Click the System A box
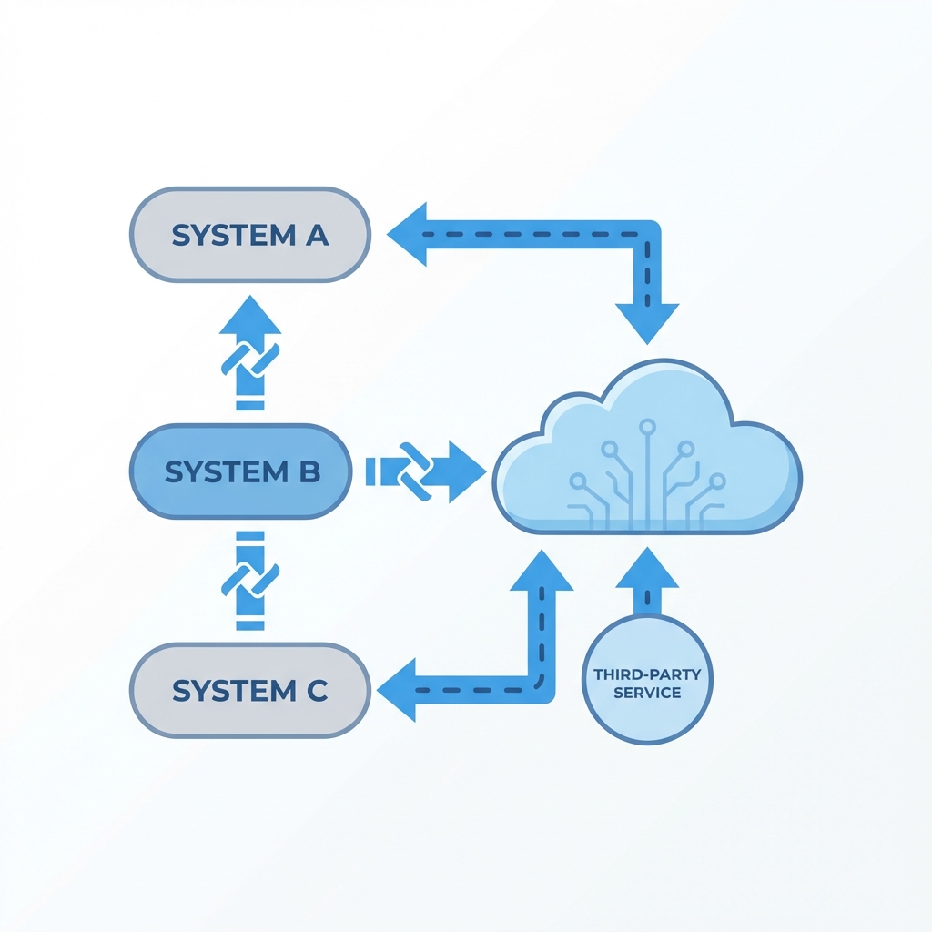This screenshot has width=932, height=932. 249,235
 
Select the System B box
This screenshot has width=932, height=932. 240,471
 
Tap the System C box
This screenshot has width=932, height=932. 249,690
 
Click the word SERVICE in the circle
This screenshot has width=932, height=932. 647,694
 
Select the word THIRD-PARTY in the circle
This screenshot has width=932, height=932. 647,675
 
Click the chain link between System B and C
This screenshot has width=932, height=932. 250,578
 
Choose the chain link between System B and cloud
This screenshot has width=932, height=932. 415,471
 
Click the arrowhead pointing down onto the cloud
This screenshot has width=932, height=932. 647,321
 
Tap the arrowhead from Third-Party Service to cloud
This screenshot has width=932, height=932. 647,568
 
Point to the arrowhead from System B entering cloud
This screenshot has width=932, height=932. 466,471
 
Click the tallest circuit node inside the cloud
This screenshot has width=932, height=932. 647,425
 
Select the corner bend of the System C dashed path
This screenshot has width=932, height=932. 541,689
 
